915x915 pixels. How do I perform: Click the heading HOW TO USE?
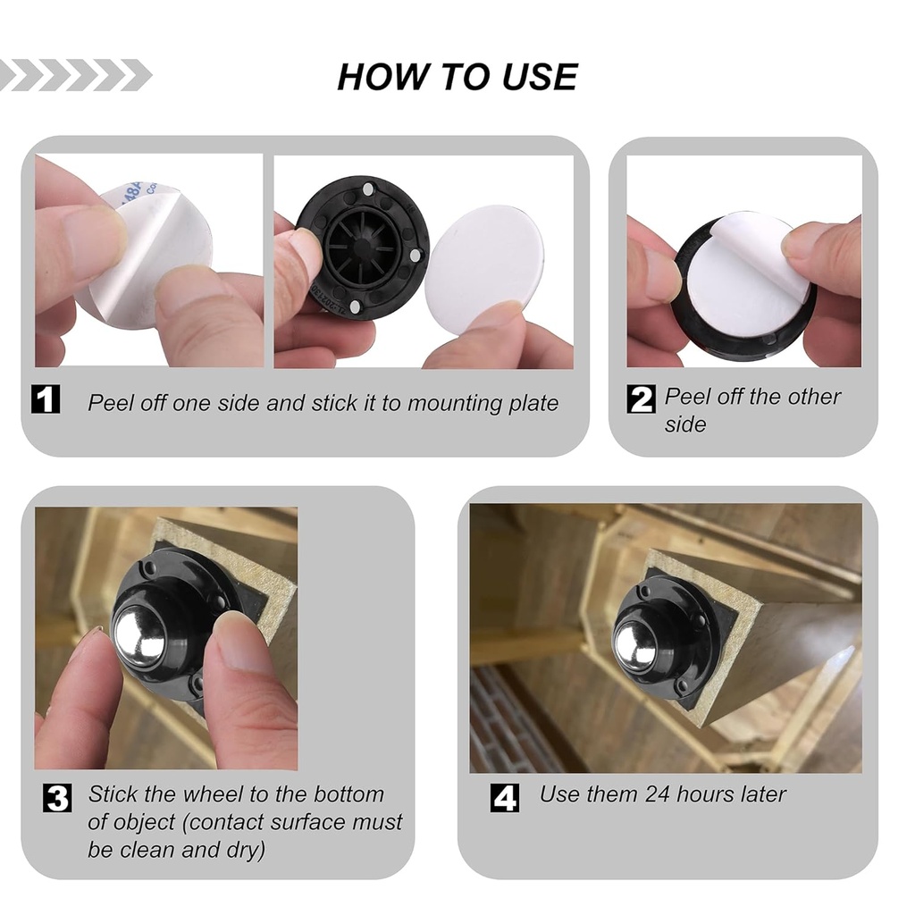(457, 78)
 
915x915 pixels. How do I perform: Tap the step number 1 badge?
(46, 399)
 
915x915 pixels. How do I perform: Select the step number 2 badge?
(641, 398)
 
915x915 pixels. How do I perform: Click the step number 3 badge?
(57, 797)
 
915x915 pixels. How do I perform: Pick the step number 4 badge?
(505, 797)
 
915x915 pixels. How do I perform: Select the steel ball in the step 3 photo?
(139, 635)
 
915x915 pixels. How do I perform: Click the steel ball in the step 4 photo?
(635, 644)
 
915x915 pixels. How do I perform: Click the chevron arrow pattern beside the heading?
(76, 75)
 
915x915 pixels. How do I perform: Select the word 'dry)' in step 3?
(244, 850)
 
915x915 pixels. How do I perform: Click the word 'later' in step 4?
(757, 793)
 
